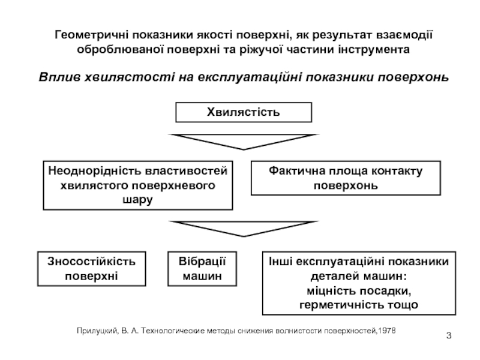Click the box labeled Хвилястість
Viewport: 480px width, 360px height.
point(243,112)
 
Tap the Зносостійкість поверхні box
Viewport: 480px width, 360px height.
point(91,268)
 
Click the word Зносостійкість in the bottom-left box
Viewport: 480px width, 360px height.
point(91,262)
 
